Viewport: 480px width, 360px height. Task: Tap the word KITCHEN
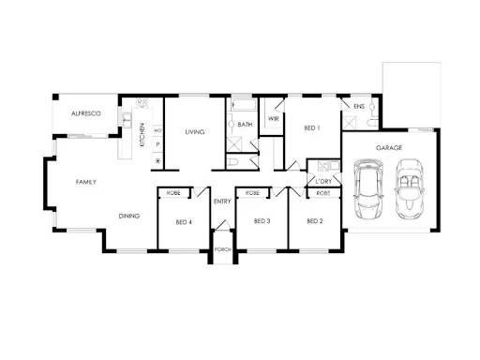142,135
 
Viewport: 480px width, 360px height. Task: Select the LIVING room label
194,132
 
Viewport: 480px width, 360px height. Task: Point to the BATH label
245,125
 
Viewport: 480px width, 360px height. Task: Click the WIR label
274,119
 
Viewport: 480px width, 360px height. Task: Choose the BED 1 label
312,127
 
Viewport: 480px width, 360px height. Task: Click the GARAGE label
389,148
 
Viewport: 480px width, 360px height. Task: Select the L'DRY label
323,180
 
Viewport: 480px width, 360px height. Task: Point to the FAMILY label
85,182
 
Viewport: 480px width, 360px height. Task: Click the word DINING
129,217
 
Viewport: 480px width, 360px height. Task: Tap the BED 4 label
184,222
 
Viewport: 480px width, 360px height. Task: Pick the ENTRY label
222,202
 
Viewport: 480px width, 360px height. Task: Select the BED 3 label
262,222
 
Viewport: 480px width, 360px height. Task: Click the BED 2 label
315,222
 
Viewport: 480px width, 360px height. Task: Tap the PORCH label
222,250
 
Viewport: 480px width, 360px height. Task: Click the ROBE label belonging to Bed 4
173,193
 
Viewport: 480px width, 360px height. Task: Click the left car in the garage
369,190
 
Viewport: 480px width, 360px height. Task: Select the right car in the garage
411,190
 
